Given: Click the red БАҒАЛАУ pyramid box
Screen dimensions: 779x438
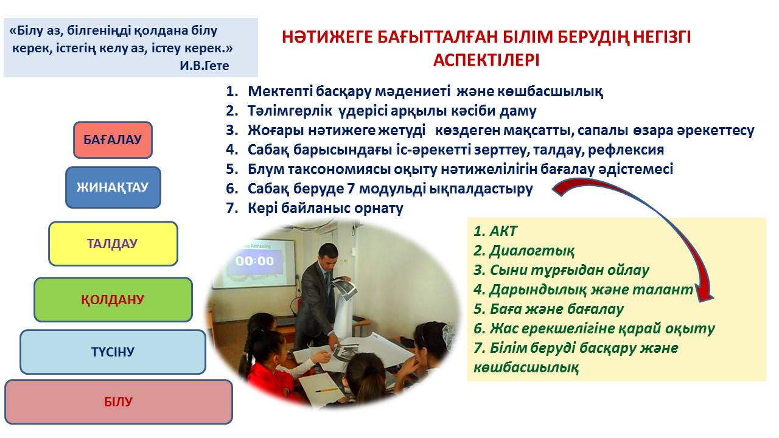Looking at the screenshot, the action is coord(113,140).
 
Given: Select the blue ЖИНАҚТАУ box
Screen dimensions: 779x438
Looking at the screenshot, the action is coord(113,187).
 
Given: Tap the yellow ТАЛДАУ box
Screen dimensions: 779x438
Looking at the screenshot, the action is coord(113,244).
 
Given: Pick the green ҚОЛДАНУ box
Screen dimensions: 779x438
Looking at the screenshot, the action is coord(113,300).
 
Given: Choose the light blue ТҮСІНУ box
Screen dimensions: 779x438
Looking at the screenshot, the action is coord(113,352).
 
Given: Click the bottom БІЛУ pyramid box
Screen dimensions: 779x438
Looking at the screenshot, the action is coord(118,402).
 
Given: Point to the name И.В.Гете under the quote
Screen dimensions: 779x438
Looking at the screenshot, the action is coord(204,66).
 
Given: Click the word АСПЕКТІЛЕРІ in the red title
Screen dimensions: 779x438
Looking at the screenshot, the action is coord(486,60).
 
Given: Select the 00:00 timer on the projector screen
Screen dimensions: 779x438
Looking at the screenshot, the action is coord(254,261).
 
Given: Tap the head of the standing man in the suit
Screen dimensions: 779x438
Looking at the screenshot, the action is coord(327,255).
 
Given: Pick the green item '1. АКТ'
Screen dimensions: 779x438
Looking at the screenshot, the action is coord(495,231).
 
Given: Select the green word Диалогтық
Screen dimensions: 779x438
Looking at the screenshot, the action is coord(532,251).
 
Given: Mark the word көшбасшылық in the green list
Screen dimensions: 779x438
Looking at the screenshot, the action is coord(526,367).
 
